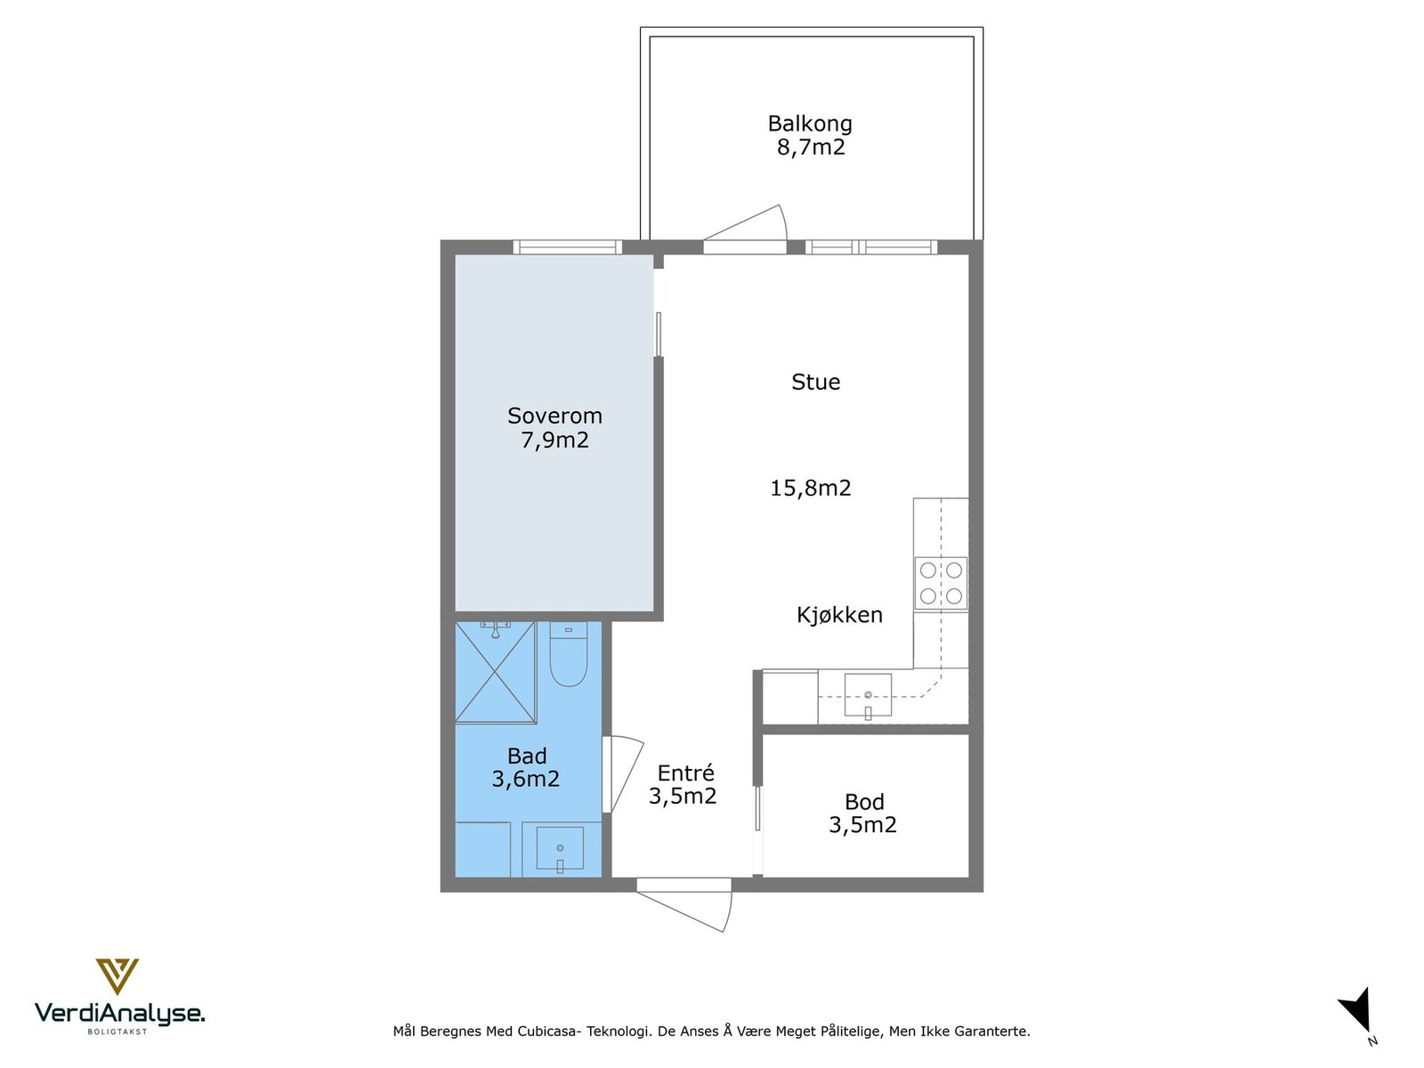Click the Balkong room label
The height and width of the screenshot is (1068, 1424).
coord(810,123)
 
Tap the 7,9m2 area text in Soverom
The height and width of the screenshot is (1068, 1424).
coord(554,441)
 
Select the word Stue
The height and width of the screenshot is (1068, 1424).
coord(815,382)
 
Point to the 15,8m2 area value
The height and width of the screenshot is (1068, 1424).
coord(810,488)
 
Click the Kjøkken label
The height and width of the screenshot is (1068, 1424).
coord(839,615)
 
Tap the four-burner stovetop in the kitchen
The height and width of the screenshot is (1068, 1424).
coord(941,583)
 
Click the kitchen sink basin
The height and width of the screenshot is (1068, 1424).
coord(868,695)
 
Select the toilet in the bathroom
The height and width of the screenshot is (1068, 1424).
coord(569,653)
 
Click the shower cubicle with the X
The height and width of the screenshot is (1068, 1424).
coord(496,672)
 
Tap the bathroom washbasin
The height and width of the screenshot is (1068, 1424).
coord(560,847)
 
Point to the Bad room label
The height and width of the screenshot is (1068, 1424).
coord(527,756)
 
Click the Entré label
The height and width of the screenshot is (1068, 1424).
coord(685,773)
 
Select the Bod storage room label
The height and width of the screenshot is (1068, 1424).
coord(864,802)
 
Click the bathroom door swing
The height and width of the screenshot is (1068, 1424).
coord(623,774)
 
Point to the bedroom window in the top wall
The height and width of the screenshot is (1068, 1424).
coord(568,247)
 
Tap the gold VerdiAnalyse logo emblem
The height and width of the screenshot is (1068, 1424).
coord(117,976)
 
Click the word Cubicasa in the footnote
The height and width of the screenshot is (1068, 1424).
coord(549,1031)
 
